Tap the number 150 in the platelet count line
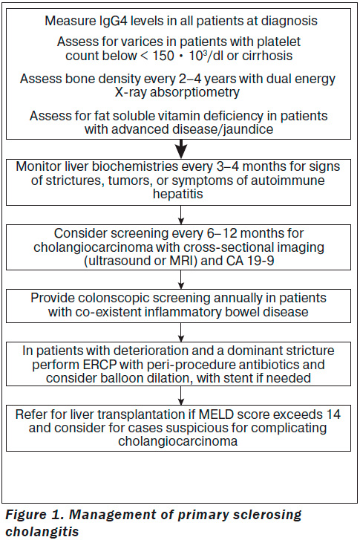click(x=163, y=56)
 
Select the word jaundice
click(x=251, y=129)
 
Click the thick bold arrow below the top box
click(x=180, y=149)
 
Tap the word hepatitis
click(x=178, y=194)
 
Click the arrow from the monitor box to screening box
click(x=181, y=215)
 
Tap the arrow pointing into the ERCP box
click(x=181, y=332)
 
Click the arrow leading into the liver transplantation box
click(x=181, y=395)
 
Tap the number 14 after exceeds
click(x=333, y=414)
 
